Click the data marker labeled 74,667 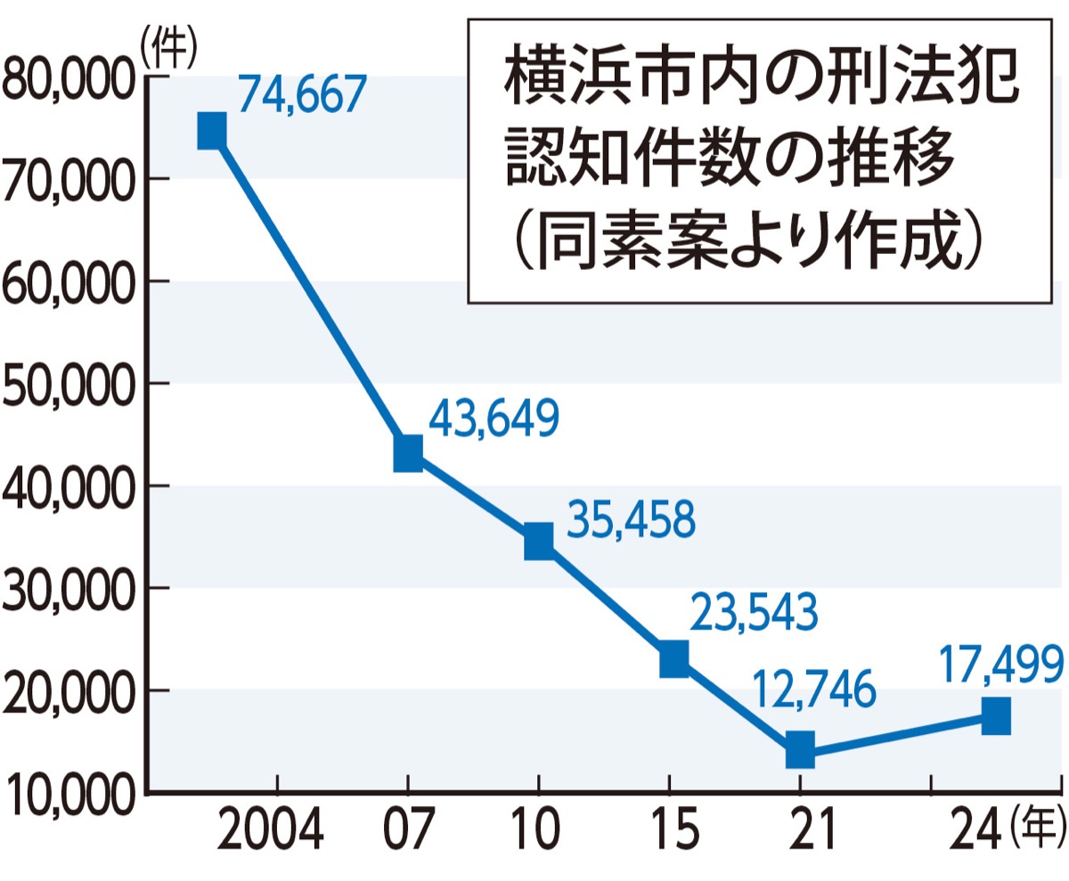point(211,130)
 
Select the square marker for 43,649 point(407,453)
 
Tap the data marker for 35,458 point(538,541)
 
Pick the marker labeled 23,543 point(673,660)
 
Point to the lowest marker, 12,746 point(800,749)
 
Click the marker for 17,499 point(995,715)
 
